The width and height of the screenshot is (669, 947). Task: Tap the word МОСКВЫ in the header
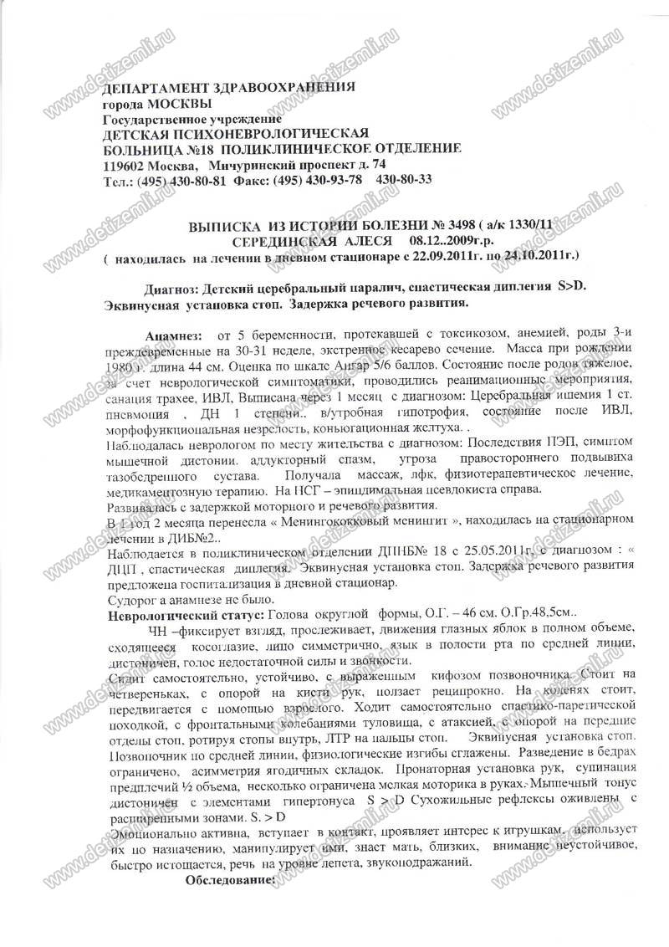[x=177, y=104]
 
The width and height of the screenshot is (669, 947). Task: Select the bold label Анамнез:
[x=174, y=335]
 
